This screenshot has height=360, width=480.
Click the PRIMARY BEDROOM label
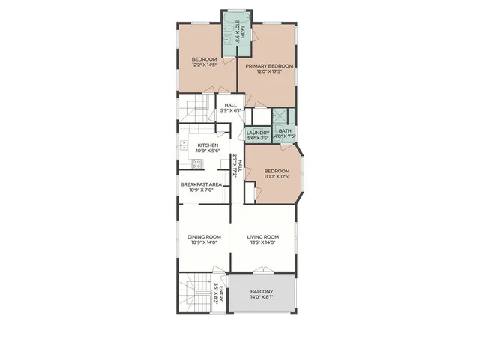point(269,65)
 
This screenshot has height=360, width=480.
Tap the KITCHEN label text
point(208,145)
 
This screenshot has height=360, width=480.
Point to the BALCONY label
point(262,291)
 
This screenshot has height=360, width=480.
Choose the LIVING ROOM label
point(263,237)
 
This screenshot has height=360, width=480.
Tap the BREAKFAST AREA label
point(200,184)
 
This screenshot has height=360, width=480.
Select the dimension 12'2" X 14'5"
point(204,65)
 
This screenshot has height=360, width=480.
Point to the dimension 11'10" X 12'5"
point(276,177)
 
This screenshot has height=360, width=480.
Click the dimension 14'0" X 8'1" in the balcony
point(262,298)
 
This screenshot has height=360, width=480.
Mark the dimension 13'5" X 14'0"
point(263,243)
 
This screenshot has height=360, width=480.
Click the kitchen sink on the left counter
point(182,145)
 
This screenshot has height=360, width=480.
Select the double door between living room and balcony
point(262,271)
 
